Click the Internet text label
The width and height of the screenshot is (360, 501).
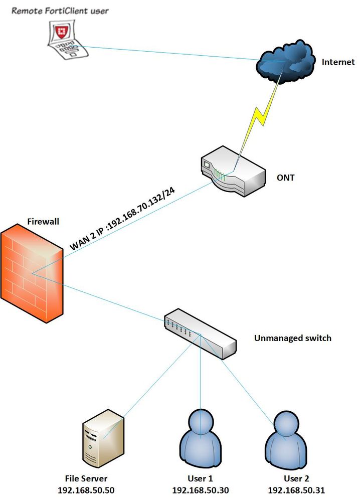point(337,62)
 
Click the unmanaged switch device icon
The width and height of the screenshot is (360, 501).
point(200,333)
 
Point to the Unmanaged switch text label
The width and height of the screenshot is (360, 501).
point(292,338)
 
